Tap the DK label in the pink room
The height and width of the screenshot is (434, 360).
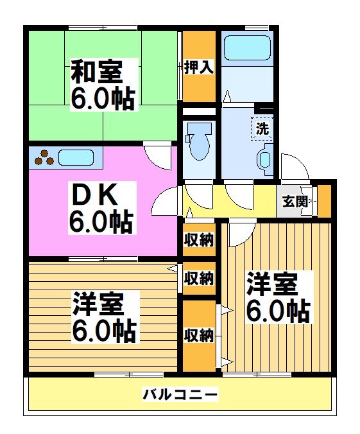pyautogui.click(x=101, y=192)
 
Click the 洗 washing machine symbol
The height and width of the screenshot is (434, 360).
pyautogui.click(x=262, y=127)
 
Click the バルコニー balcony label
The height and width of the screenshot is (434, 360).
pyautogui.click(x=180, y=394)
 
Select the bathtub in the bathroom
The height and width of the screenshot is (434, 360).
pyautogui.click(x=247, y=48)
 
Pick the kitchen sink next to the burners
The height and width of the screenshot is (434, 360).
pyautogui.click(x=76, y=157)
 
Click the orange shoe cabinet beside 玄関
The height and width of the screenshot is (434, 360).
pyautogui.click(x=325, y=200)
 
